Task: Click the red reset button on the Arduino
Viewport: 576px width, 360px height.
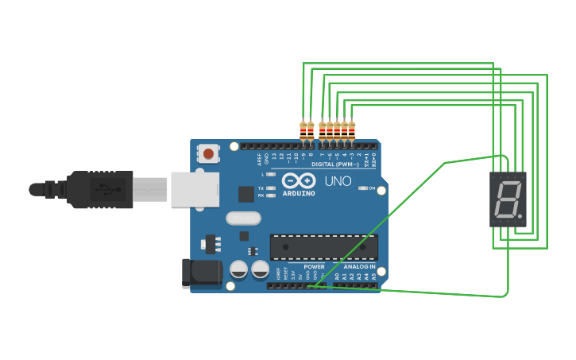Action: click(x=209, y=153)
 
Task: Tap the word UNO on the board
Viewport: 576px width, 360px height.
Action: click(x=338, y=180)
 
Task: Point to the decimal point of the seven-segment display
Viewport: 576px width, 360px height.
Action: click(x=520, y=215)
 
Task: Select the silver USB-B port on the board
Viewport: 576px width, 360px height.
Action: click(x=194, y=190)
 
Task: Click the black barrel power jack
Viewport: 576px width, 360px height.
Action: click(x=201, y=273)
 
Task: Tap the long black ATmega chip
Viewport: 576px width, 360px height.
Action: click(x=323, y=247)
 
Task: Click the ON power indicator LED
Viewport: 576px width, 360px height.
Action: click(x=363, y=188)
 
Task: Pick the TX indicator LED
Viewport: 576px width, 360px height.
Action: click(x=271, y=188)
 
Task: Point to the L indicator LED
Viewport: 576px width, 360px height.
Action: click(x=271, y=174)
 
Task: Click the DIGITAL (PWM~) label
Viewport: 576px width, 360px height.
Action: click(x=334, y=165)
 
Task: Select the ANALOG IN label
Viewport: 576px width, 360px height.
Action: click(x=359, y=267)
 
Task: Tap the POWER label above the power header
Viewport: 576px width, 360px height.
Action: click(x=314, y=267)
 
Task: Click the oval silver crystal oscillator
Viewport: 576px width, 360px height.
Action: click(x=243, y=218)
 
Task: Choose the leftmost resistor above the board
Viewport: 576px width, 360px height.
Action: click(x=303, y=130)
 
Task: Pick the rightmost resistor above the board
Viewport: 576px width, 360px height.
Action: click(x=351, y=130)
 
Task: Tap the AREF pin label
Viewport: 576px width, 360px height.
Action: click(x=260, y=159)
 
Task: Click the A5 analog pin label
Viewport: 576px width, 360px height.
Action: click(x=373, y=276)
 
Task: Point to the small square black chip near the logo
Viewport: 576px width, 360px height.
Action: click(x=246, y=194)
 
